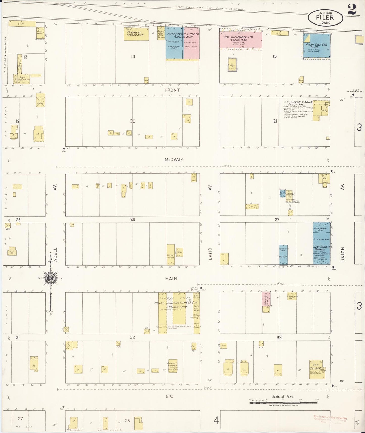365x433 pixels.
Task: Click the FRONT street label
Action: point(172,90)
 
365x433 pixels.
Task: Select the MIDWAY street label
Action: point(174,159)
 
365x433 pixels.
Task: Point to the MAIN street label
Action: point(171,278)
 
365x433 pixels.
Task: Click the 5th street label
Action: point(170,396)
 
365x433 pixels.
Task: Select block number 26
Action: point(133,219)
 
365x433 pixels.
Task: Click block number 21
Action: point(275,121)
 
